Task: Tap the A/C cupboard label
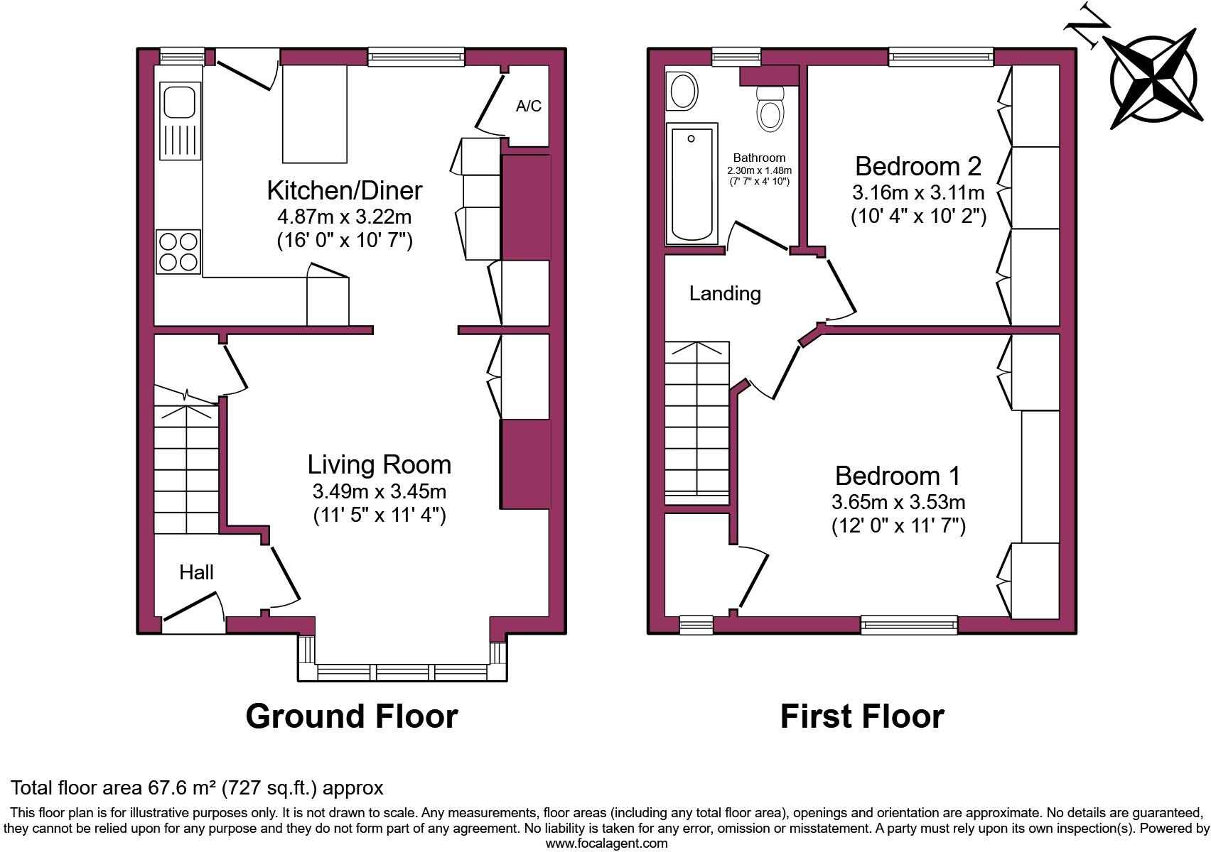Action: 528,106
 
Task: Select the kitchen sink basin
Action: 178,101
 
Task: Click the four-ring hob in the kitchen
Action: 178,251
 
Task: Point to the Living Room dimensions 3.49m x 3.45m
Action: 379,491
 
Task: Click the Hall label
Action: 196,572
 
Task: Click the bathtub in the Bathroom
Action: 691,184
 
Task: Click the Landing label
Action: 724,293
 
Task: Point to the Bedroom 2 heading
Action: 917,166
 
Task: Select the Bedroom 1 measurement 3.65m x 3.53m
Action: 898,502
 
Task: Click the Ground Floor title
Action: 351,716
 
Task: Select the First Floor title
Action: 861,716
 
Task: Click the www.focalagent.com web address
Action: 606,843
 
